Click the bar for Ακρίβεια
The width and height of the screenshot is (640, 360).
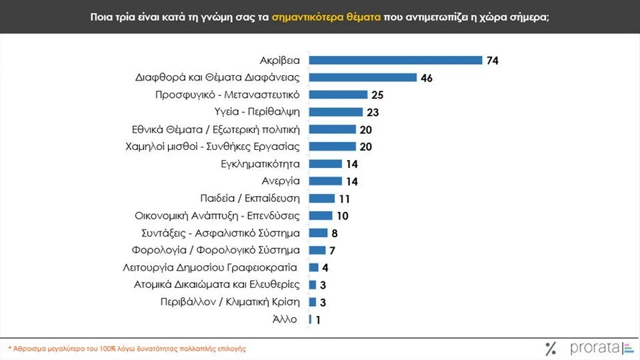click(395, 60)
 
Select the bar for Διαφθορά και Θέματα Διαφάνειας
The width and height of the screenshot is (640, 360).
click(363, 77)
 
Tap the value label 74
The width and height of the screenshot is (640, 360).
click(493, 61)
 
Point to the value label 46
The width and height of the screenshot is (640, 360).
click(427, 78)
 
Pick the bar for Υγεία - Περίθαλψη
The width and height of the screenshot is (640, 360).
click(336, 112)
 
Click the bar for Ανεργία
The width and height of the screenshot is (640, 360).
click(325, 181)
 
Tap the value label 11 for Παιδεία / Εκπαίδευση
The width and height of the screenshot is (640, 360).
click(345, 199)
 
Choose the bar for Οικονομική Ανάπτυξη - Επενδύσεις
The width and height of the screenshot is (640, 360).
click(321, 215)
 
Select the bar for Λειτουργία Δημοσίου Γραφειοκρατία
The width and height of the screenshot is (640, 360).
click(314, 267)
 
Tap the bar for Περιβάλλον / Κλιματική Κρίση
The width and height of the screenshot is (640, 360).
click(313, 302)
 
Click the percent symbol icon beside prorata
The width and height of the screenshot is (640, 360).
click(551, 347)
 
